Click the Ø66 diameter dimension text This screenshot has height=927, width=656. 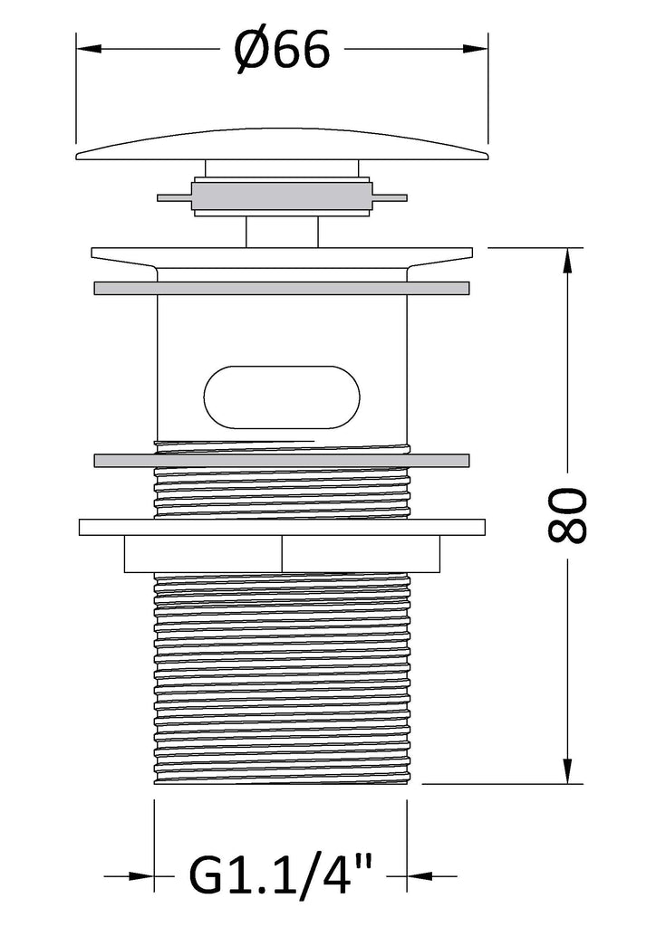click(x=282, y=50)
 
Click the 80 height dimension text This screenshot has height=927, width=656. click(x=567, y=515)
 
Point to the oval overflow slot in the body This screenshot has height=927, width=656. click(x=282, y=397)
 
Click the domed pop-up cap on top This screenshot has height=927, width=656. click(x=282, y=144)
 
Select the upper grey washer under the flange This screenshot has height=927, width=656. click(x=282, y=288)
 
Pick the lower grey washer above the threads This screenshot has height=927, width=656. click(x=282, y=459)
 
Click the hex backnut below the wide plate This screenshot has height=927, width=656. click(x=282, y=554)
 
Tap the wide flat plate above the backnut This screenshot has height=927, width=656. click(x=282, y=528)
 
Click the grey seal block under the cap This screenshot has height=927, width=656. click(x=282, y=196)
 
